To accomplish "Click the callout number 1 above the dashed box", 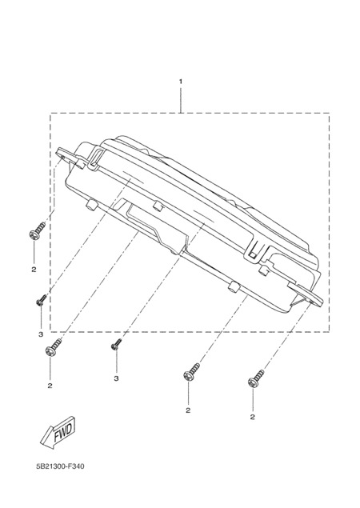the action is click(x=181, y=81).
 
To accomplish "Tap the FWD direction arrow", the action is click(x=58, y=434).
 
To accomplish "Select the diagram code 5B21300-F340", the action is click(x=60, y=466).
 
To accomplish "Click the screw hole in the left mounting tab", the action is click(x=62, y=157).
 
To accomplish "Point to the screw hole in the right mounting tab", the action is click(x=311, y=301).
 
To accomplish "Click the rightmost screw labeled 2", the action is click(x=255, y=379).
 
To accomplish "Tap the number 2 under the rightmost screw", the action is click(x=253, y=417).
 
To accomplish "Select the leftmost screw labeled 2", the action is click(x=37, y=230).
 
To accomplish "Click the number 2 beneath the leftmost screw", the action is click(x=34, y=270).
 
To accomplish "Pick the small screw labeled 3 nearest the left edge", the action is click(x=41, y=300).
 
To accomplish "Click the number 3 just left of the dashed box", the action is click(x=41, y=334).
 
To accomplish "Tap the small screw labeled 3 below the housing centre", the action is click(x=116, y=344).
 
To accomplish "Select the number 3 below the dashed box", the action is click(x=116, y=378).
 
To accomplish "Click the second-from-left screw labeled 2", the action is click(x=53, y=347).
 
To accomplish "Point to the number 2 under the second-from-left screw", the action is click(x=50, y=386).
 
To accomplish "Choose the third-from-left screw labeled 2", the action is click(x=191, y=372).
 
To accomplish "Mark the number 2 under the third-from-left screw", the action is click(x=188, y=410).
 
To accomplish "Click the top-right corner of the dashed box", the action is click(x=330, y=113).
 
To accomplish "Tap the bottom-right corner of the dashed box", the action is click(x=330, y=331).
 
